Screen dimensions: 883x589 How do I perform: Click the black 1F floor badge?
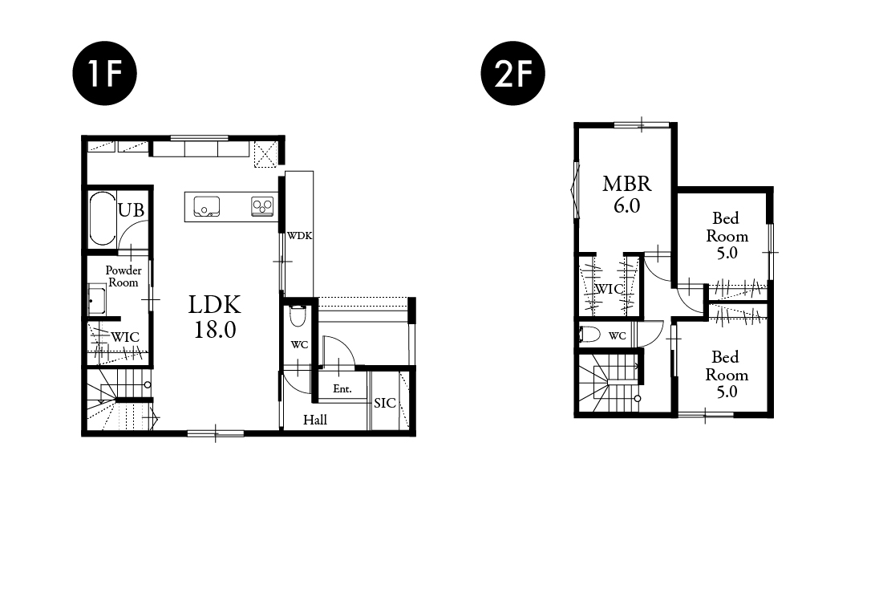105,73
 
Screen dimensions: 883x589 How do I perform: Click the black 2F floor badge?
513,73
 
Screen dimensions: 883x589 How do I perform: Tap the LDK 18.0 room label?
215,317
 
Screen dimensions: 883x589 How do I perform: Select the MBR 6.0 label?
627,194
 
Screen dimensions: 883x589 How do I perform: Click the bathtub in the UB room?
103,219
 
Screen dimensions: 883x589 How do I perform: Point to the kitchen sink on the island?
207,206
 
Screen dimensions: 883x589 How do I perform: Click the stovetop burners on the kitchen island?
262,206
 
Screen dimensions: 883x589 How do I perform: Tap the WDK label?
300,236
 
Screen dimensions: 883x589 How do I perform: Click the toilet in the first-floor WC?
298,315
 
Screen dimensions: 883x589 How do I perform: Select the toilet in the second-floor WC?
589,335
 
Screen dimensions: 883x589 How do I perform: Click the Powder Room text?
124,276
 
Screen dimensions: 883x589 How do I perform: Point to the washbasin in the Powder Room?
97,301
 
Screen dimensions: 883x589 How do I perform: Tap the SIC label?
385,403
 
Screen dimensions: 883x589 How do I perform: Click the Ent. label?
342,389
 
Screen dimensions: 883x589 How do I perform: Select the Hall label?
315,420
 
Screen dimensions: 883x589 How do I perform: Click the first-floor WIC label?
125,337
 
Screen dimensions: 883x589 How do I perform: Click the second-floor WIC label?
609,289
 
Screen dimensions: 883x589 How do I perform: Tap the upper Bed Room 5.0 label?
727,236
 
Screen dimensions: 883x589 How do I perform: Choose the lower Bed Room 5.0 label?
727,374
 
